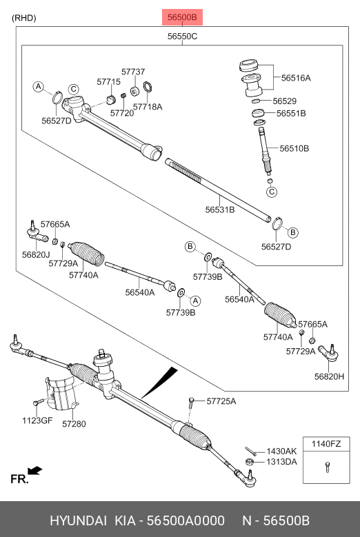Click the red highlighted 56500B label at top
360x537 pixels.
183,17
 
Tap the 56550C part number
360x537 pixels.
182,36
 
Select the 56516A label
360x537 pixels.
296,78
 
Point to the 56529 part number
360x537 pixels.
284,101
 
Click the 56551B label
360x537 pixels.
291,113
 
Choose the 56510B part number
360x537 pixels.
294,148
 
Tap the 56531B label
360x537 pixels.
220,209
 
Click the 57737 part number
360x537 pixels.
133,72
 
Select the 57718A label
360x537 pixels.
148,107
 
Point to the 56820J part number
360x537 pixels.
37,255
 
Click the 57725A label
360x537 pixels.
221,401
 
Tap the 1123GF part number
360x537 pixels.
37,421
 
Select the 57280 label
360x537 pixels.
74,424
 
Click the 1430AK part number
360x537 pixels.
281,451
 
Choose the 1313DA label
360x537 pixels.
282,461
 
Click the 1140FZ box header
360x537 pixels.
327,444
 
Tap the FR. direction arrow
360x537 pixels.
34,472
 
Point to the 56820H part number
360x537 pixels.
328,376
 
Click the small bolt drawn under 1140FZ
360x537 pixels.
327,469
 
